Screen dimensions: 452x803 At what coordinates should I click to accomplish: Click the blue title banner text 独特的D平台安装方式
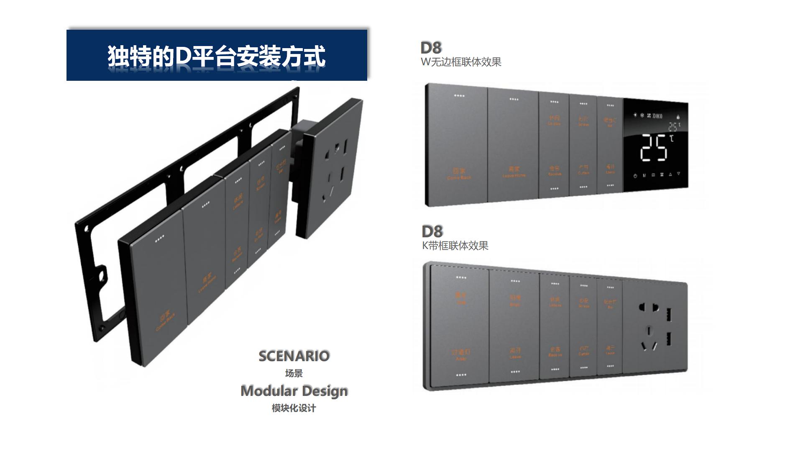coord(216,56)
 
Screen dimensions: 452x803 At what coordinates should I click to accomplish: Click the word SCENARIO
coord(294,356)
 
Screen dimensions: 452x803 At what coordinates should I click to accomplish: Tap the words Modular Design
coord(294,391)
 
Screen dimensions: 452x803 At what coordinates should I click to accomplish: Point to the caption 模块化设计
coord(294,408)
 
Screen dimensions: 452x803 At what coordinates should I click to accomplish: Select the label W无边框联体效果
coord(461,62)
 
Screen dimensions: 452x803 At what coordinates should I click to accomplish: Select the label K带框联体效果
coord(455,246)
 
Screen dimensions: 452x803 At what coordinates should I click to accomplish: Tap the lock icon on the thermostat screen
coord(678,117)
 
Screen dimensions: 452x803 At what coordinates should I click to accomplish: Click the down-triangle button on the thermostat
coord(678,174)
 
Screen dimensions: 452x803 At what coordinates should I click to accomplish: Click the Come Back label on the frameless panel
coord(459,177)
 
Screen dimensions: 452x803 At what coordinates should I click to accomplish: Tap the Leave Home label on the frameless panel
coord(514,175)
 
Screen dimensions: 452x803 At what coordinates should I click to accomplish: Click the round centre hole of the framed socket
coord(648,331)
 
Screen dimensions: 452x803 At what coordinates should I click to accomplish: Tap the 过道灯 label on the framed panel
coord(460,352)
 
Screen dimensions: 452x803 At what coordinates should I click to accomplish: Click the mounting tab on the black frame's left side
coord(102,275)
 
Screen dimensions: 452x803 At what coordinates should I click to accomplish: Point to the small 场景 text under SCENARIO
coord(294,373)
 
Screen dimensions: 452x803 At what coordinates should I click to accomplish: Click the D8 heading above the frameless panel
coord(431,48)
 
